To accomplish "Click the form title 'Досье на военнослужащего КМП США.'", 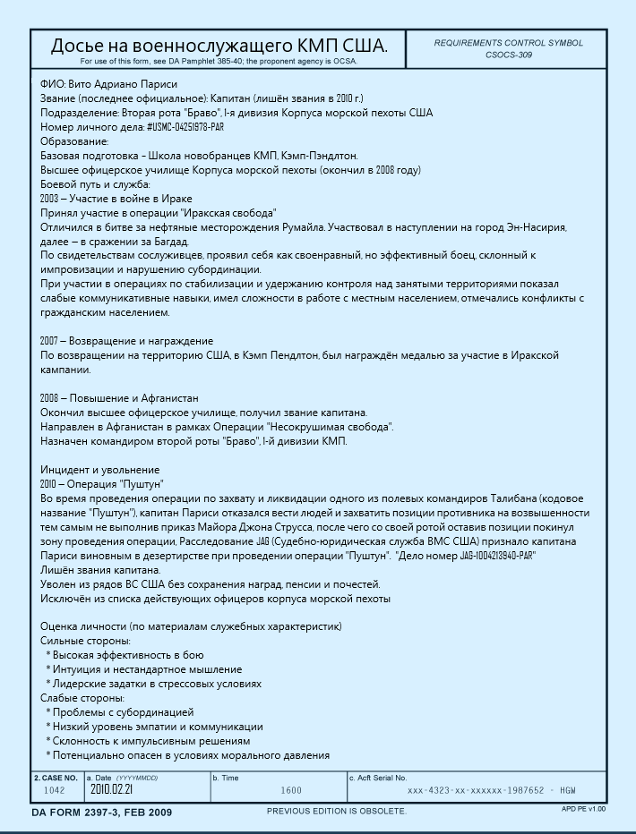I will point(219,46).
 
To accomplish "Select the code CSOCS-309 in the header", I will point(508,55).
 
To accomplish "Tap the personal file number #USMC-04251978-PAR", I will point(173,127).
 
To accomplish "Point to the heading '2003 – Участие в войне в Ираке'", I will point(116,199).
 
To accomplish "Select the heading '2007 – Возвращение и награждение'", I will point(127,341).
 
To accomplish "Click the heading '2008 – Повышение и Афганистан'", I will point(119,398).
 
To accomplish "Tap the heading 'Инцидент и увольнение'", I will point(100,470).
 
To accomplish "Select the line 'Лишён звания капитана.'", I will point(100,570).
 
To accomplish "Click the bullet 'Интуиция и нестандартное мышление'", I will point(147,669).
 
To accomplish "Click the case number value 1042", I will point(55,790).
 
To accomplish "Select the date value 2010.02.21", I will point(111,790).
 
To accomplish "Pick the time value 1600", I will point(291,791).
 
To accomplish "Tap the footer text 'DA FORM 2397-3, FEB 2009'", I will point(101,813).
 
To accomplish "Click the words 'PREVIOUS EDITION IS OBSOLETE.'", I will point(337,812).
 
